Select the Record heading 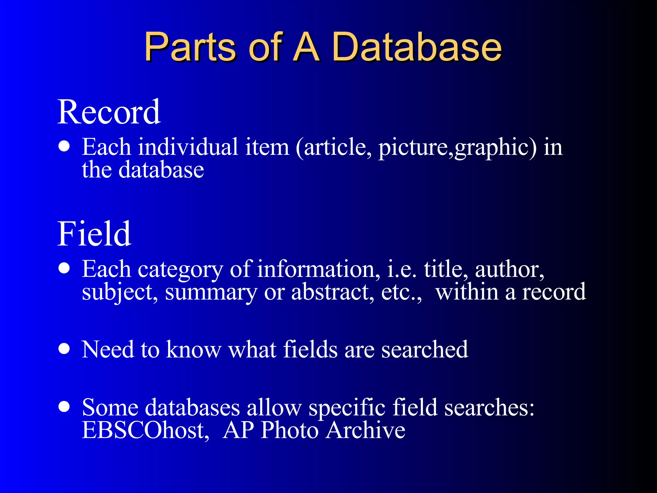(x=109, y=112)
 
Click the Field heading (x=94, y=234)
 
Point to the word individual (x=188, y=147)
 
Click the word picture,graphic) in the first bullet (x=457, y=148)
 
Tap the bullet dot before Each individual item (x=64, y=146)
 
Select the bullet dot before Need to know (x=64, y=349)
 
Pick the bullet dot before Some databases (x=64, y=407)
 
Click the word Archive (x=366, y=430)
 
